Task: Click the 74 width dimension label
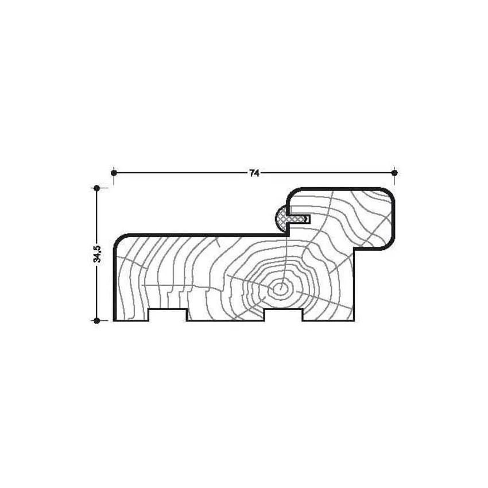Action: tap(254, 173)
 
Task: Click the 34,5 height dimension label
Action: tap(97, 254)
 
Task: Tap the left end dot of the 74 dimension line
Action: tap(114, 172)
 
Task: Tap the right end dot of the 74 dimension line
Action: tap(394, 172)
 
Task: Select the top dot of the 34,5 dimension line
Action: tap(97, 188)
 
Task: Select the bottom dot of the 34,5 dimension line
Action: tap(97, 320)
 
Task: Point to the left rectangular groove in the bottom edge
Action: tap(168, 315)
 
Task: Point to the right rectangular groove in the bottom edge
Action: tap(283, 315)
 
